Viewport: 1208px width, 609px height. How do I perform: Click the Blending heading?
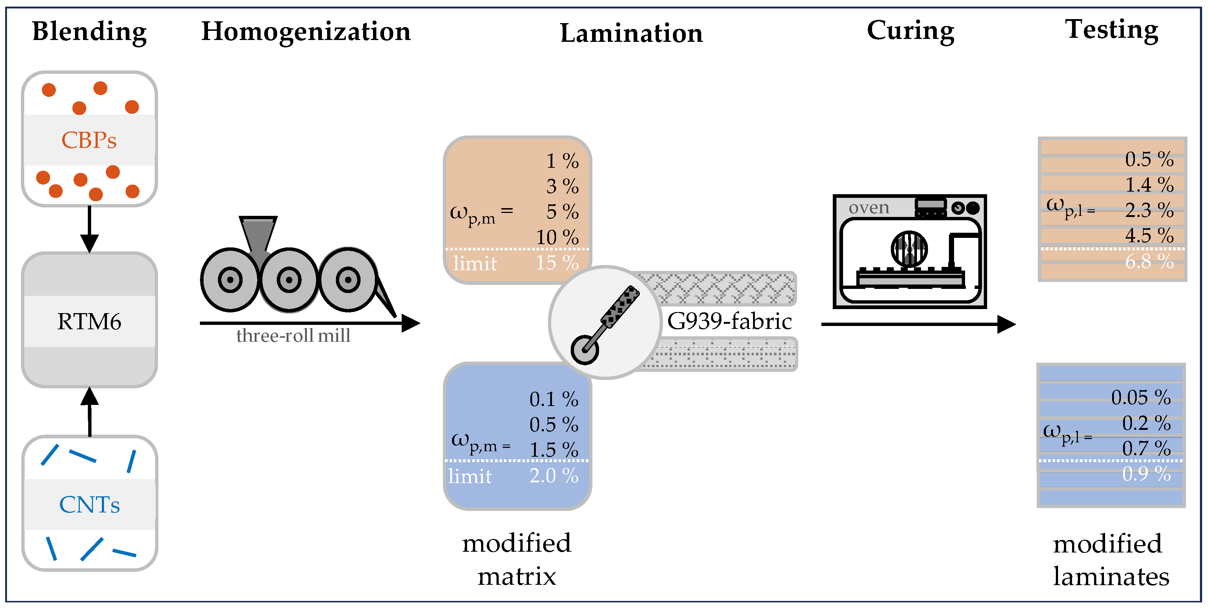pos(89,32)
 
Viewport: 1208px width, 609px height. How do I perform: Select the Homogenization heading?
pos(306,32)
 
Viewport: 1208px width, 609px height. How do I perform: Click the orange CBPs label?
pos(89,140)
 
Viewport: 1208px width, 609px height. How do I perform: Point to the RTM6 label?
pos(89,321)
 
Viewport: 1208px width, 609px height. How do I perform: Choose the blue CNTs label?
pos(89,504)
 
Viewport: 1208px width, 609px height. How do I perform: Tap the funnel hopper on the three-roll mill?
pos(258,234)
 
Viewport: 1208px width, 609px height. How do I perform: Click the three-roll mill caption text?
pos(293,336)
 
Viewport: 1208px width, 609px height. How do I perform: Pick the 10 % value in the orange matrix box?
pos(557,237)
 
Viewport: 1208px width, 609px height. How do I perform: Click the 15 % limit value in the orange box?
pos(557,263)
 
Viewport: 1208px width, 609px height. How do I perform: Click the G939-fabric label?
pos(729,321)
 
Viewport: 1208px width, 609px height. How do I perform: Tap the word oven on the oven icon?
pos(868,207)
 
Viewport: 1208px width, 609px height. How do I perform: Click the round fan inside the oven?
pos(909,248)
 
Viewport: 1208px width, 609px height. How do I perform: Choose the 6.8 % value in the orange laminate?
pos(1149,261)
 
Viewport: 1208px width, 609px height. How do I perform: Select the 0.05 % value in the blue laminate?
pos(1140,397)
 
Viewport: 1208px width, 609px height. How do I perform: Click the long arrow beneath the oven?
pos(917,324)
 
